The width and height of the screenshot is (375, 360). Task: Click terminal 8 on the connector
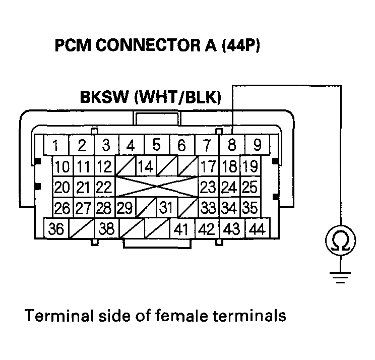point(232,145)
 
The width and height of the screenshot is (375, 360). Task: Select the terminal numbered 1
point(56,146)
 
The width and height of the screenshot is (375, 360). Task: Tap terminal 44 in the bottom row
point(257,229)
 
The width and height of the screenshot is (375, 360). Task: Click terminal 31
point(166,207)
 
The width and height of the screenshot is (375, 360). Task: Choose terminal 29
point(125,207)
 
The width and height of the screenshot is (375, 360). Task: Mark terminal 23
point(208,187)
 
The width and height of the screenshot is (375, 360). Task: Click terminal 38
point(106,229)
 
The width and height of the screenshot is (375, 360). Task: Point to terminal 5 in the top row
point(156,145)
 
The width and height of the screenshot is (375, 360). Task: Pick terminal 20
point(62,187)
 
